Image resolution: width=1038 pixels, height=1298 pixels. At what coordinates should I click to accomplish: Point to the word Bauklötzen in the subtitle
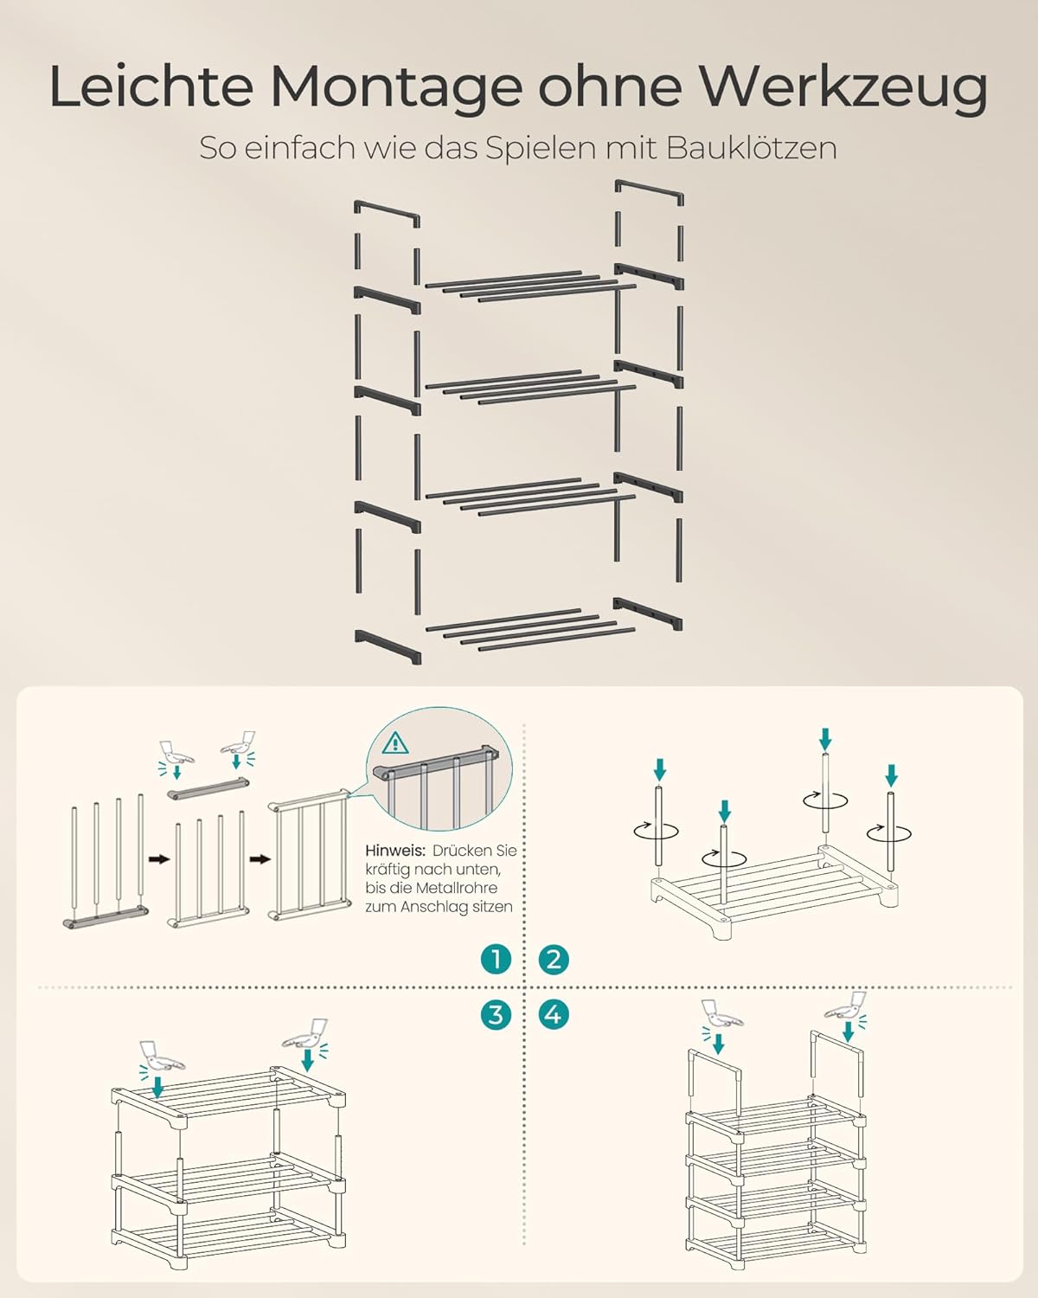click(752, 148)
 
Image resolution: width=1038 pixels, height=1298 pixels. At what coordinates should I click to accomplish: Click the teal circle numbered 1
click(496, 959)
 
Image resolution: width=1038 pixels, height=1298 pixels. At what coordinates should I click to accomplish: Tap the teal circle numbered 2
click(554, 959)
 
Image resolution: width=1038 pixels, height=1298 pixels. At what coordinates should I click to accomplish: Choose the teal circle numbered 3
click(496, 1014)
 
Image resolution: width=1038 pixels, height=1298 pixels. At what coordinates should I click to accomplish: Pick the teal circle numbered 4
click(554, 1014)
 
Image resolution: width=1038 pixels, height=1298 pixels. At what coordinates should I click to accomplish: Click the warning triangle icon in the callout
click(395, 743)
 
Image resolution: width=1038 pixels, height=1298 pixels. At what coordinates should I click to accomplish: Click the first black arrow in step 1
click(159, 859)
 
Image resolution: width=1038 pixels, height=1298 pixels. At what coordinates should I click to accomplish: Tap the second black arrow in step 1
click(260, 859)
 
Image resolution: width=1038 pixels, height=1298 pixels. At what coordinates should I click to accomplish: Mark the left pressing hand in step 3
click(160, 1058)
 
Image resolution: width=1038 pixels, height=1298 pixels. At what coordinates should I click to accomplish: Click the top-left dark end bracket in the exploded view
click(387, 214)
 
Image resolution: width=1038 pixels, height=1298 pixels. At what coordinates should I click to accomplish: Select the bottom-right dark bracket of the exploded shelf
click(648, 614)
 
